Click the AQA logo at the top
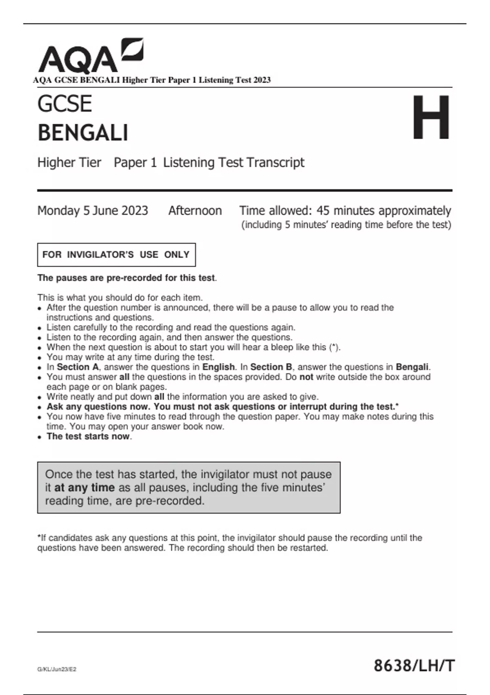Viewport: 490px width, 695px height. coord(91,56)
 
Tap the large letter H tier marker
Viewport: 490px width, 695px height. coord(431,118)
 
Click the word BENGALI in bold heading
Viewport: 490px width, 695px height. coord(83,133)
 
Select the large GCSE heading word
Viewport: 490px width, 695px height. coord(65,104)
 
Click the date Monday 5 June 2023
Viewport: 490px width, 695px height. coord(93,211)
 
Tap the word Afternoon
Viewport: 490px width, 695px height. coord(195,211)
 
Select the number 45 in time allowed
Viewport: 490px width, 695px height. coord(323,211)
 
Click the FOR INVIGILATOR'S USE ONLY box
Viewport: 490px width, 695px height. coord(116,255)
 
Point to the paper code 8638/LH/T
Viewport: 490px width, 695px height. coord(414,666)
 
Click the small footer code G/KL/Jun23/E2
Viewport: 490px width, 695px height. coord(57,669)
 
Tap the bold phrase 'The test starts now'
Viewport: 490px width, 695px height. coord(88,436)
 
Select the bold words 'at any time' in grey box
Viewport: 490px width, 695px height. coord(85,487)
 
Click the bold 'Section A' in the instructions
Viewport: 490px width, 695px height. coord(78,367)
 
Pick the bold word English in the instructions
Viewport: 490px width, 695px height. coord(218,367)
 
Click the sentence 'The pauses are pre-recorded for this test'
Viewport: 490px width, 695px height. coord(127,278)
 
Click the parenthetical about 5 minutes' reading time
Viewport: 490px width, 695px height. coord(346,225)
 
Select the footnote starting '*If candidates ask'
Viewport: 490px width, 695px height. coord(229,543)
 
